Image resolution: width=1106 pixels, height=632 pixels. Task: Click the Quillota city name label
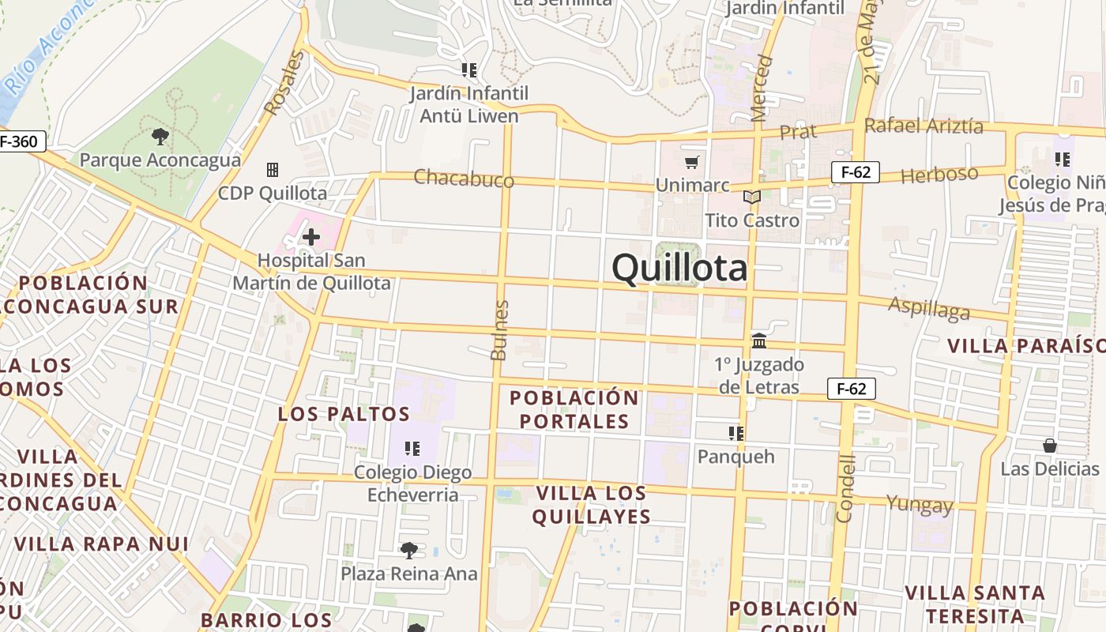click(x=679, y=268)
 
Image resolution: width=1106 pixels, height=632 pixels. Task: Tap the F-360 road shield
click(x=21, y=142)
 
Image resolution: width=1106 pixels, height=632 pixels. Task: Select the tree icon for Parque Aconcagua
click(x=160, y=137)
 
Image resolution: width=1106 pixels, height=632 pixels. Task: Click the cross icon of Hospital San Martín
click(x=311, y=236)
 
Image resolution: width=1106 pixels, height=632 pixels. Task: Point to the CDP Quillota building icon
click(x=273, y=170)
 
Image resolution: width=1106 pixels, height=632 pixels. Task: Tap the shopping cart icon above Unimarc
click(x=692, y=163)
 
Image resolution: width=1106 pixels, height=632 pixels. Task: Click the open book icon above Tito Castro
click(x=752, y=197)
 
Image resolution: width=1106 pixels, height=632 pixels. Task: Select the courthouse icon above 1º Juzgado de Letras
click(x=759, y=341)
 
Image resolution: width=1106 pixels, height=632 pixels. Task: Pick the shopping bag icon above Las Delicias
click(x=1049, y=446)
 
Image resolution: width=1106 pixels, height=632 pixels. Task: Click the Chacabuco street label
click(x=464, y=179)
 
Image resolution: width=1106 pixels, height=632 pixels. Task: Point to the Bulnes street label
click(x=499, y=330)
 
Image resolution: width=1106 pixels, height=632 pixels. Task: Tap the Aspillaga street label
click(x=929, y=309)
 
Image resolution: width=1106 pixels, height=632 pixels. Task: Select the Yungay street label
click(x=920, y=504)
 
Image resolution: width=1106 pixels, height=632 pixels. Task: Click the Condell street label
click(x=845, y=488)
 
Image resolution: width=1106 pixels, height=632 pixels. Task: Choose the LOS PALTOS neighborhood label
click(x=344, y=414)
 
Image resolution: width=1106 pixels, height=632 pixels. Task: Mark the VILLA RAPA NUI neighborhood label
click(x=101, y=544)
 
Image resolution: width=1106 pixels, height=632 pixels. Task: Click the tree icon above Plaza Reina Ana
click(x=409, y=551)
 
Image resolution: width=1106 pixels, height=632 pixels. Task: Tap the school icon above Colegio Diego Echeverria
click(x=412, y=449)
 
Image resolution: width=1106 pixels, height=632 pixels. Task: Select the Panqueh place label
click(x=735, y=457)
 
